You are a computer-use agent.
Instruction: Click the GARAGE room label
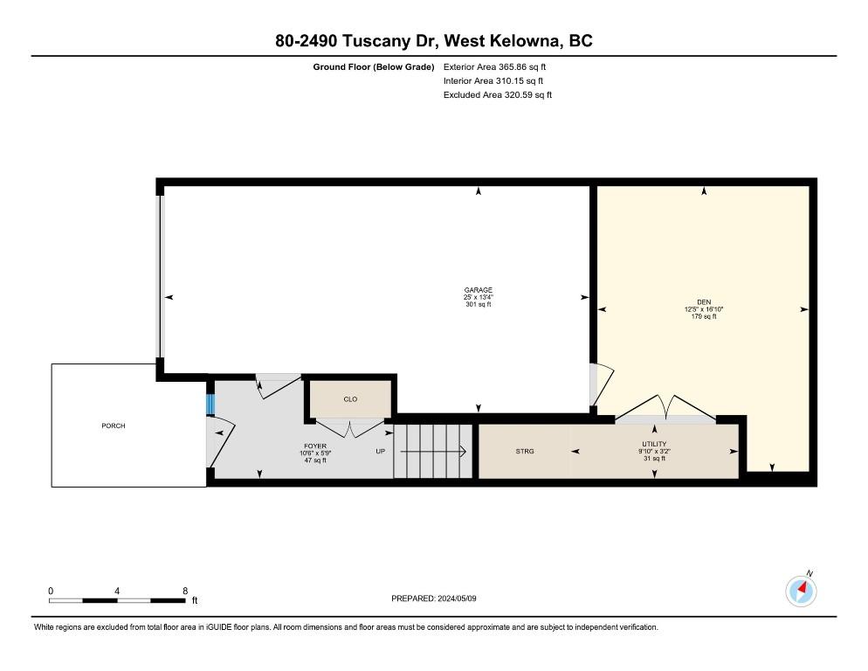click(479, 290)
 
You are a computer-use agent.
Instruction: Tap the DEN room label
click(704, 302)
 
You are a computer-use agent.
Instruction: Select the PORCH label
click(113, 425)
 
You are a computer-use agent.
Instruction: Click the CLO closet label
click(350, 399)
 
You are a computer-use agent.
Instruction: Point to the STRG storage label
click(525, 451)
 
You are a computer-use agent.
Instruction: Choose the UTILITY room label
click(654, 444)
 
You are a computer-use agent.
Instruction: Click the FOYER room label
click(315, 446)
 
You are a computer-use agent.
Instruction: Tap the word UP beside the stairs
click(381, 451)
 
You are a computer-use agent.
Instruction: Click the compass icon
click(801, 591)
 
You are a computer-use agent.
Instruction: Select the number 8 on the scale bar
click(185, 591)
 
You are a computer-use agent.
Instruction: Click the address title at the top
click(434, 40)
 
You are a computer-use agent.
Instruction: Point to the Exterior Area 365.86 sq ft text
click(494, 67)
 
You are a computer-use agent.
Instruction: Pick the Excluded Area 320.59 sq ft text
click(498, 94)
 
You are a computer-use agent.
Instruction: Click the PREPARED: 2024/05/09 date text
click(433, 598)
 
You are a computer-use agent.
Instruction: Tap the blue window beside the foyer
click(210, 404)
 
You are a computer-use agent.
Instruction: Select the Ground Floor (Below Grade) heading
click(374, 67)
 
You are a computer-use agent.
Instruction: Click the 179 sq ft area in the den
click(704, 316)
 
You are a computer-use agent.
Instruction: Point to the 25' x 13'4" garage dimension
click(479, 297)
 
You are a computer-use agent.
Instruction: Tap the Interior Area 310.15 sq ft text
click(493, 81)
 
